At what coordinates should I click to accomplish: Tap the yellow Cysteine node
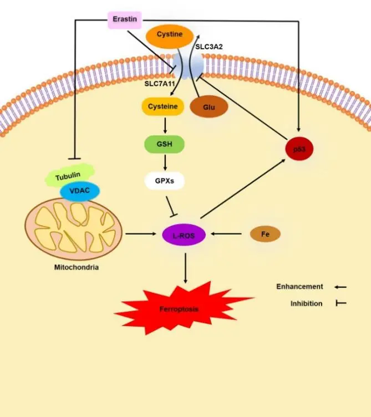pos(162,106)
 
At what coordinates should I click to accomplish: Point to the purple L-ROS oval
pos(184,235)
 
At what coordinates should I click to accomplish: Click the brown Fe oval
pos(265,235)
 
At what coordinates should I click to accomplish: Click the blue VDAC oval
pos(80,191)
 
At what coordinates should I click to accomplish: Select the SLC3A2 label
pos(210,48)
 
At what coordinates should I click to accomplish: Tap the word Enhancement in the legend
pos(299,287)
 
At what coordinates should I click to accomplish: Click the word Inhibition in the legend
pos(306,303)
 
